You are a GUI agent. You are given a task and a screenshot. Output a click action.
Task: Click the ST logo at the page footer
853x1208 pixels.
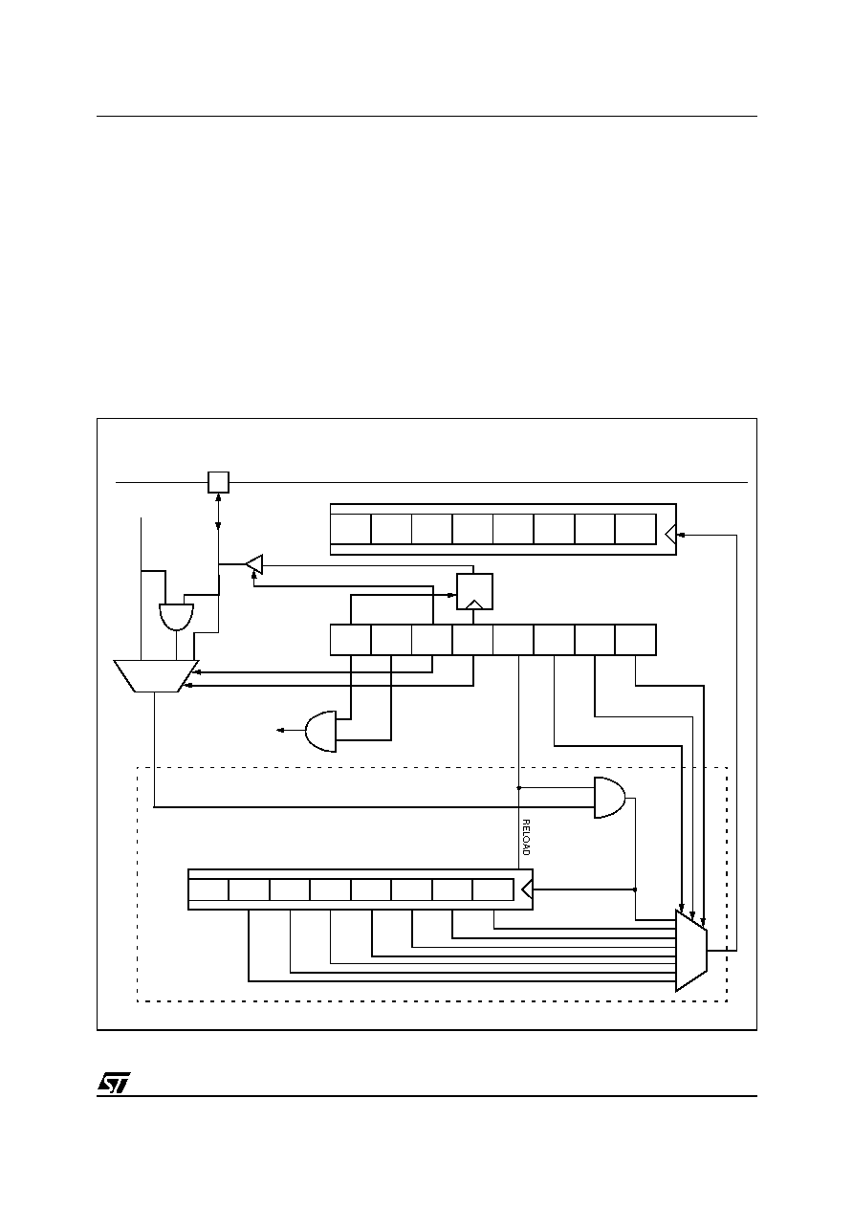[114, 1083]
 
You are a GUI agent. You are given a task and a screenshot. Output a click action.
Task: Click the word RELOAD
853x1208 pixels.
[526, 838]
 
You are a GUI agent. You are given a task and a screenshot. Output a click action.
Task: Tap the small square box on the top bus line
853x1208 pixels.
[218, 482]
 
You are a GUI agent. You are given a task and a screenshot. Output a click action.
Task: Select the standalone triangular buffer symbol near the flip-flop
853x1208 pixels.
[254, 564]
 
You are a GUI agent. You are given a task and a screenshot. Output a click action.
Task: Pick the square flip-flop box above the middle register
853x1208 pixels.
[474, 592]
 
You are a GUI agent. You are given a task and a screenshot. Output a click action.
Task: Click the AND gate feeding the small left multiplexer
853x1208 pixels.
[176, 617]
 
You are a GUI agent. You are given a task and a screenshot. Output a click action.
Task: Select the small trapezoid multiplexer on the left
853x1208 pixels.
[157, 675]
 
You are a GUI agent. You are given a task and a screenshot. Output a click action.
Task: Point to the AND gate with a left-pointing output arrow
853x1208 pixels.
[320, 732]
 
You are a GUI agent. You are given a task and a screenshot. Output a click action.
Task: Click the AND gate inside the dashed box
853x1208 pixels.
[610, 798]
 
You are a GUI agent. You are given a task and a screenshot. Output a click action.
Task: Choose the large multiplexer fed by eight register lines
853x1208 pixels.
[691, 950]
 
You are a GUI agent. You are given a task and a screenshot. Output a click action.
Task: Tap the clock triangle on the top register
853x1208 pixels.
[670, 535]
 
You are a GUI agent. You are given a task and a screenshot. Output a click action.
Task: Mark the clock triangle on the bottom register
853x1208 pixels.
[527, 890]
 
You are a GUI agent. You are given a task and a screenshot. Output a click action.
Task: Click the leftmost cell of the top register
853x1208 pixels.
[350, 529]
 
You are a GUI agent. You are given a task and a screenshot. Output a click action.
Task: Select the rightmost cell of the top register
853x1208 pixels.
[636, 529]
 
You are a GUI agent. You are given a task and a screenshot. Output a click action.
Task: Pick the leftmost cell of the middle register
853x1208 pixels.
[350, 640]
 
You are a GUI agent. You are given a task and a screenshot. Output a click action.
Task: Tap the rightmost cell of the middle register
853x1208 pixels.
[636, 640]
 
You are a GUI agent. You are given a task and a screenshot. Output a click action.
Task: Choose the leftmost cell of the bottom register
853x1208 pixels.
[208, 890]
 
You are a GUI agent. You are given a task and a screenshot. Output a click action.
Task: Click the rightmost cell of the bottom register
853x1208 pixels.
[492, 890]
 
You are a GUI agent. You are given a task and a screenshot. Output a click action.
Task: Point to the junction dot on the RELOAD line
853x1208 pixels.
[518, 788]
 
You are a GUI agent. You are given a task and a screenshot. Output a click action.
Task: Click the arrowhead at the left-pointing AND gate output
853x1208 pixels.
[280, 731]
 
